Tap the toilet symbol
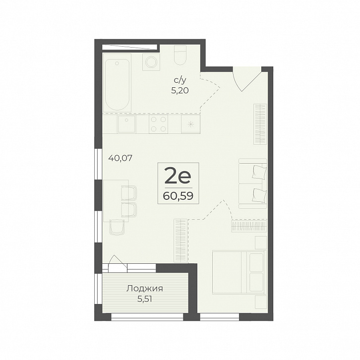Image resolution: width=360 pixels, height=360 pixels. click(x=180, y=55)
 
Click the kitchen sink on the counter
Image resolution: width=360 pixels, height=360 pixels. click(x=126, y=124)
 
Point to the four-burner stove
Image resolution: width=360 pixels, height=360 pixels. click(x=158, y=124)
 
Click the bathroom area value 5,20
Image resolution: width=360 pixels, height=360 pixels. click(x=180, y=91)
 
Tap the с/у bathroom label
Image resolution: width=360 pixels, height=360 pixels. click(x=180, y=80)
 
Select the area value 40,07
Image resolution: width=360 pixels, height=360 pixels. click(x=120, y=158)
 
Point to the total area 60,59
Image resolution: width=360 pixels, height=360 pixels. click(x=178, y=196)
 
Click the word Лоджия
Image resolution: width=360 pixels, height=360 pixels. click(x=145, y=289)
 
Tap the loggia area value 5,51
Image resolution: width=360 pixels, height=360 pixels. click(x=145, y=300)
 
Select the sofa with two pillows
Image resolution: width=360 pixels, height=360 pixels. click(x=253, y=183)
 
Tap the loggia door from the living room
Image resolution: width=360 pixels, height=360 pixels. click(x=118, y=263)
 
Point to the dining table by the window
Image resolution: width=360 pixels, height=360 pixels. click(x=116, y=201)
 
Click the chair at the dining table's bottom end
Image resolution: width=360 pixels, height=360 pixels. click(x=117, y=227)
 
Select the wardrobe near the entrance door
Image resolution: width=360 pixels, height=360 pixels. click(x=260, y=124)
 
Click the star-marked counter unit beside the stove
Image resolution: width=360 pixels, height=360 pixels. click(x=190, y=124)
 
